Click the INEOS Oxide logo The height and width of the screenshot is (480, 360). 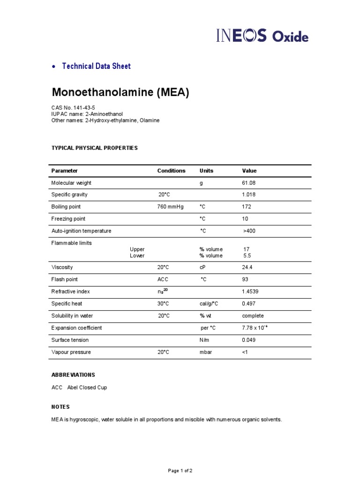coord(262,36)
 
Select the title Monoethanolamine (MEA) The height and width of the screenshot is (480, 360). coord(120,93)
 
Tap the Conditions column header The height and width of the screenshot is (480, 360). coord(171,171)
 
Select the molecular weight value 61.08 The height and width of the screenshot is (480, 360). coord(249,183)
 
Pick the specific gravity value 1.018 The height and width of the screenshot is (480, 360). coord(249,195)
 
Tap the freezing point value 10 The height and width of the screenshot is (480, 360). coord(245,219)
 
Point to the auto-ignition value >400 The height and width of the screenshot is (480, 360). coord(249,231)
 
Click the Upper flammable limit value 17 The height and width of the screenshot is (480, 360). coord(247,249)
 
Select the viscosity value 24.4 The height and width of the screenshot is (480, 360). coord(247,267)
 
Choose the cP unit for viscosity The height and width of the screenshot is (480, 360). coord(202,267)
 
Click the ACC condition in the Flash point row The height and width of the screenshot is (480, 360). coord(163,279)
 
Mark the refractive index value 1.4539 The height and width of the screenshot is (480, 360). coord(250,292)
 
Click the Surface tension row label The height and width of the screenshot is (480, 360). coord(70,340)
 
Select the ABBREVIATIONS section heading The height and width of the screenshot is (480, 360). coord(73,375)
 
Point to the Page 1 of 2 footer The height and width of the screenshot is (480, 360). coord(180,470)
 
